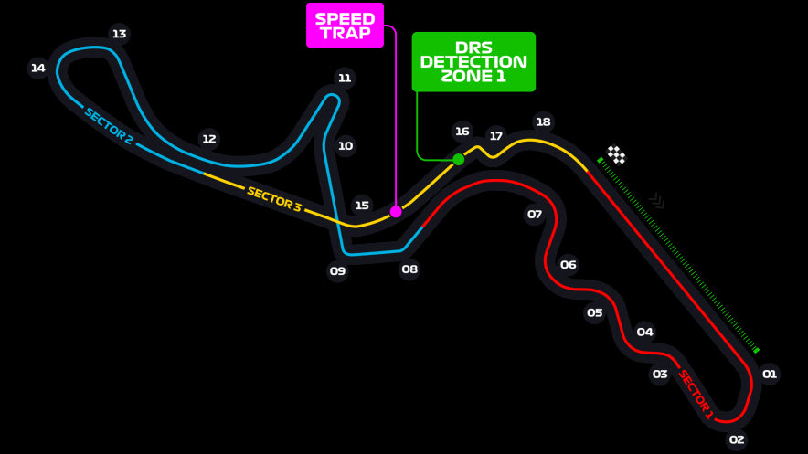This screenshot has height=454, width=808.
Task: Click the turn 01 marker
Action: coord(770,374)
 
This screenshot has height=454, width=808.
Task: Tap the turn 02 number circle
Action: coord(737,439)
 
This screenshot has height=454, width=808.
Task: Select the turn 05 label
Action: coord(595,313)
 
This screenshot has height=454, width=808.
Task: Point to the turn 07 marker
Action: coord(535,215)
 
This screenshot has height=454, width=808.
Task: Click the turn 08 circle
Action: coord(409,269)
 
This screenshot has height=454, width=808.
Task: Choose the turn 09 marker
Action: coord(338,270)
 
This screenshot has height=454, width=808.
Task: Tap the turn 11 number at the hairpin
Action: coord(344,78)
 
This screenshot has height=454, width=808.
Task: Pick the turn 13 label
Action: coord(119,35)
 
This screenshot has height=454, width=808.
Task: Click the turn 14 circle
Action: coord(37,68)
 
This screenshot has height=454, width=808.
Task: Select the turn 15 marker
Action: coord(362,206)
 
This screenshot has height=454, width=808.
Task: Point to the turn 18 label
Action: coord(544,121)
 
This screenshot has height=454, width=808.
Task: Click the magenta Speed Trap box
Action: coord(345,26)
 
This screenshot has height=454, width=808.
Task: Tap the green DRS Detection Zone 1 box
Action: coord(473,62)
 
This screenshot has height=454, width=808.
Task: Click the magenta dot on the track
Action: coord(396,211)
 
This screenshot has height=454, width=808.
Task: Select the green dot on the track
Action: coord(459,159)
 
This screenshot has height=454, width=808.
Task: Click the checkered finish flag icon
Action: coord(617,155)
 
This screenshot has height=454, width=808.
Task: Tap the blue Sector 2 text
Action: coord(109,126)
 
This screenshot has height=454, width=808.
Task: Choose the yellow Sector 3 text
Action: coord(273,199)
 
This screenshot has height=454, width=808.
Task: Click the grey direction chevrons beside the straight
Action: coord(656,199)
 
